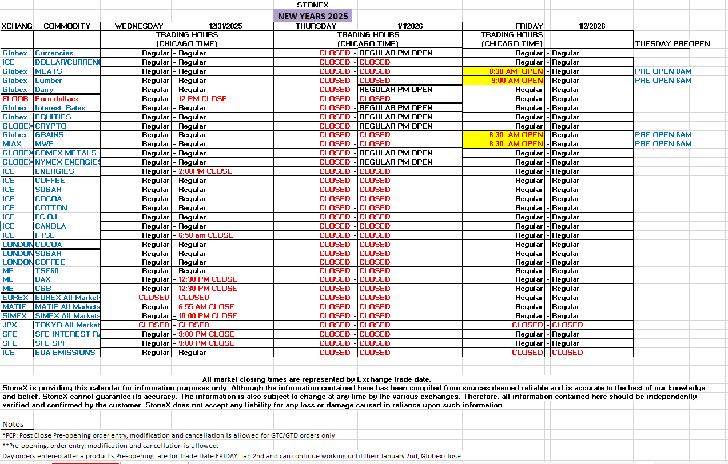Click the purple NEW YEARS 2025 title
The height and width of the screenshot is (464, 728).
(x=312, y=16)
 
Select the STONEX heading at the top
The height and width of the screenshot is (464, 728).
(x=312, y=5)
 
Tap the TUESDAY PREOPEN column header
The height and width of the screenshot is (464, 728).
(x=672, y=44)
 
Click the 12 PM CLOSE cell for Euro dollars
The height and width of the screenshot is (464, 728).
(x=202, y=99)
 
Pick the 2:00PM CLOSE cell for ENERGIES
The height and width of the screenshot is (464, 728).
(x=205, y=171)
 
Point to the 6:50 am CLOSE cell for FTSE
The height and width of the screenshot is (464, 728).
(x=205, y=235)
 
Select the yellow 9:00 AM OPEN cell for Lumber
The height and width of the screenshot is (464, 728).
(x=503, y=81)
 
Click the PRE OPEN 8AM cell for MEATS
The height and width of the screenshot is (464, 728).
(x=663, y=71)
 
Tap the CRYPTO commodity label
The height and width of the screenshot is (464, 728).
(x=51, y=126)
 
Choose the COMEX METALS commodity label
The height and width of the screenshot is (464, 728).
(x=66, y=153)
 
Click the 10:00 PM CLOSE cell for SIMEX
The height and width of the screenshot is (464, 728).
(x=208, y=316)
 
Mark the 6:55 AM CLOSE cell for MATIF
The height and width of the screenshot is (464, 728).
(x=206, y=307)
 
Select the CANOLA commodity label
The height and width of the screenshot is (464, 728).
(x=50, y=226)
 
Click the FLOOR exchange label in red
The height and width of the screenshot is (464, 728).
(x=15, y=99)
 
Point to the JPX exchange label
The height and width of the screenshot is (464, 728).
(x=10, y=325)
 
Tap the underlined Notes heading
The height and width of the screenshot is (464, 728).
(x=13, y=424)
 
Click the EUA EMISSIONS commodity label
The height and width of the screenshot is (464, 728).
(x=65, y=353)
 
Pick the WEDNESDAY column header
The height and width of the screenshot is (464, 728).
(x=139, y=26)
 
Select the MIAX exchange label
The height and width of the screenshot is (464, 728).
(x=12, y=144)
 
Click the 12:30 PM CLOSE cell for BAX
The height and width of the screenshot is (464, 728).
(x=208, y=279)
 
